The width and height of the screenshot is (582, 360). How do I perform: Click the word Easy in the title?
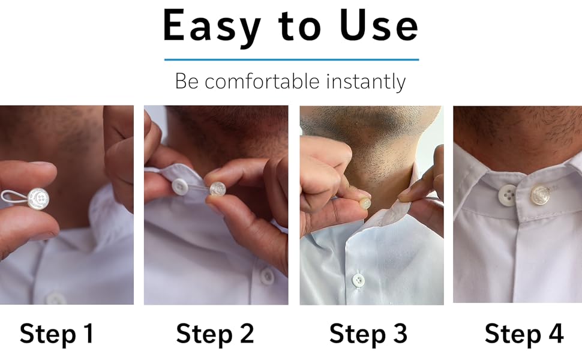click(212, 27)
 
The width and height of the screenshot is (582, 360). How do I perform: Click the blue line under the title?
click(291, 59)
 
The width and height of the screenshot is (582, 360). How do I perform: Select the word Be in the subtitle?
click(187, 81)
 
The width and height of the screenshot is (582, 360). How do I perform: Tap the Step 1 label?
click(57, 334)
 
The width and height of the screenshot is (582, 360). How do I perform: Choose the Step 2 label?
click(215, 334)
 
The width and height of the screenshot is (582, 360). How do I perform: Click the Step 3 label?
click(368, 334)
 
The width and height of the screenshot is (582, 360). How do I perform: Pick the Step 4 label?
click(524, 334)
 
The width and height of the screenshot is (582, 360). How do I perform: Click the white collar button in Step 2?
click(180, 187)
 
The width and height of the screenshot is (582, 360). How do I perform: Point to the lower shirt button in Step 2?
click(267, 276)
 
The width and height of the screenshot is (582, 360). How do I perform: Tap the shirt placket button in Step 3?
click(358, 280)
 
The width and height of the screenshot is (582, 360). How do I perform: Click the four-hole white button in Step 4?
click(508, 195)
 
